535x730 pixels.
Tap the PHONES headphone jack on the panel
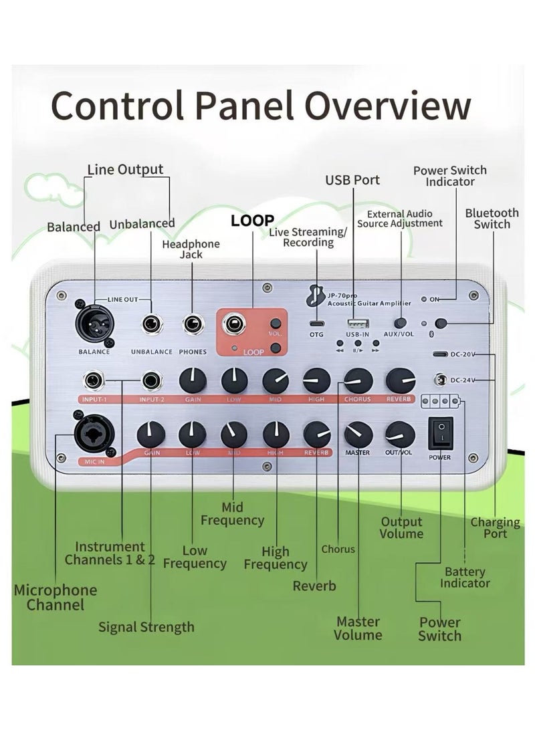tap(195, 324)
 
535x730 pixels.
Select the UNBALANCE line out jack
tap(151, 324)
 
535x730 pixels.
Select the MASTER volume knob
tap(358, 435)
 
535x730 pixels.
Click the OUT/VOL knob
tap(399, 435)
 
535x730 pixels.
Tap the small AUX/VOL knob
tap(401, 324)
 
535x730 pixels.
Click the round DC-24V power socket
tap(441, 380)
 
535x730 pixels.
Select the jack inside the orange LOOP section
tap(234, 326)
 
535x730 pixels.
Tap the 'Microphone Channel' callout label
tap(56, 598)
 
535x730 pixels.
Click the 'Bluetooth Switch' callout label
tap(492, 219)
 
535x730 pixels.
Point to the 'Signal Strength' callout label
tap(146, 627)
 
